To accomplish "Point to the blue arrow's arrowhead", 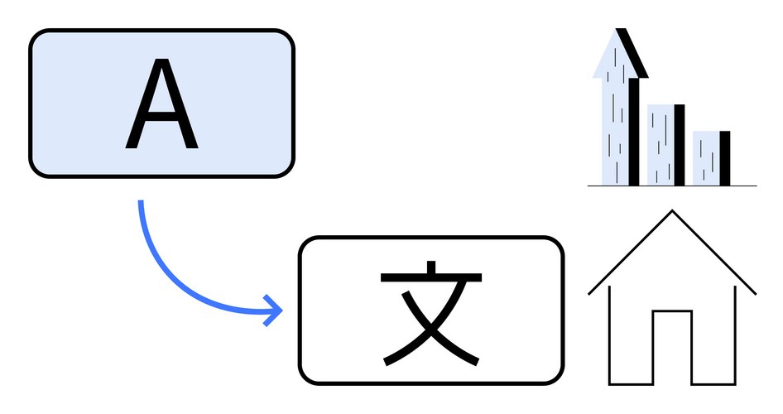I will tap(276, 311).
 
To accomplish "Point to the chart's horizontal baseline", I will tap(672, 185).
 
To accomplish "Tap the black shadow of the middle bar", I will tap(680, 145).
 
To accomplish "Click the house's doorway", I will tap(671, 348).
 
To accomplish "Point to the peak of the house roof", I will tap(672, 212).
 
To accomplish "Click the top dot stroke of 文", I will tap(431, 268).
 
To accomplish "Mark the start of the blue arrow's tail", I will tap(142, 202).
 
